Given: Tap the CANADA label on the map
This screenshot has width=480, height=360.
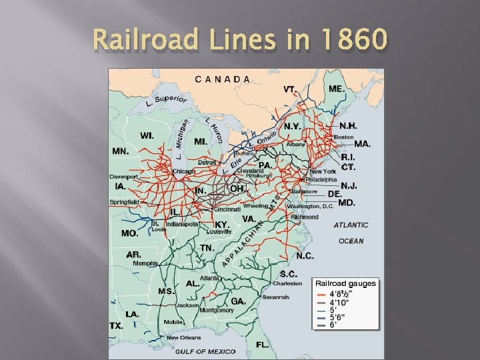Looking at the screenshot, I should point(223,79).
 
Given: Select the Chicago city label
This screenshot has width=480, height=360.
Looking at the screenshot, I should point(184,171).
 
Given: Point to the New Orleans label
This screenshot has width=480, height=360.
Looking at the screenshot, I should point(183,337).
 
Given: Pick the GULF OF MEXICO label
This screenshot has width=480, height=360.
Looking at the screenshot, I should point(205,351).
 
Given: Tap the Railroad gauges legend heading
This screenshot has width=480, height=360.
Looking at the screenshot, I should point(345,283).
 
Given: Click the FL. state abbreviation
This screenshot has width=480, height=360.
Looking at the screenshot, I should point(263,345).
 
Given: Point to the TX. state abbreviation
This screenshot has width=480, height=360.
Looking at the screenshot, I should point(116,326).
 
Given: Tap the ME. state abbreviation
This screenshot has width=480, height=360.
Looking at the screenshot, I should point(337,89).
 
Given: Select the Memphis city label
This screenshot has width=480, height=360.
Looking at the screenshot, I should point(145,263).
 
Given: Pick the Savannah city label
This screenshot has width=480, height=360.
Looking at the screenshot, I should point(275,297).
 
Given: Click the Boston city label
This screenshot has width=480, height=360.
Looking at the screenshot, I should point(344,137).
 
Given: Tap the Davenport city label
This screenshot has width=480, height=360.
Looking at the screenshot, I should point(124,177).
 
